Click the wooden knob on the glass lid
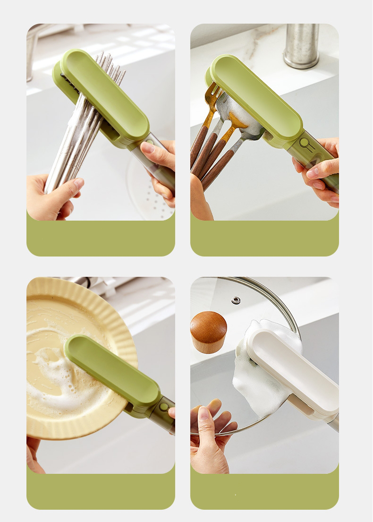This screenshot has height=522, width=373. click(x=208, y=332)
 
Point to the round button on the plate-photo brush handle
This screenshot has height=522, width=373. click(x=164, y=406)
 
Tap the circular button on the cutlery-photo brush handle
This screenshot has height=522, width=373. click(x=305, y=141)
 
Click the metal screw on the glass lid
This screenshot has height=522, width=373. click(x=236, y=300)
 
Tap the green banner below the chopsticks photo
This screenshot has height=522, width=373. click(x=101, y=239)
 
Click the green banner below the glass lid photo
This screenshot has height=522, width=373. click(x=264, y=491)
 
